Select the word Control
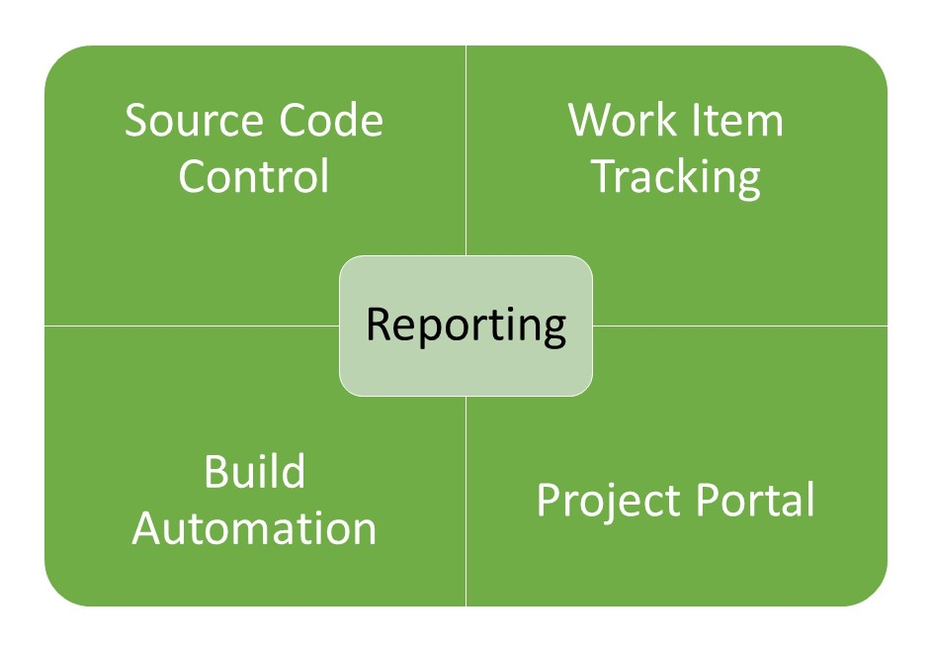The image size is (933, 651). (x=254, y=177)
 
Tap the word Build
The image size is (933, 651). (x=254, y=472)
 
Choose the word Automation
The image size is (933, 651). (x=254, y=527)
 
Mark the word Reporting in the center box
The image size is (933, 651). (x=466, y=325)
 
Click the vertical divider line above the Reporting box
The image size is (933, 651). (x=466, y=148)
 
